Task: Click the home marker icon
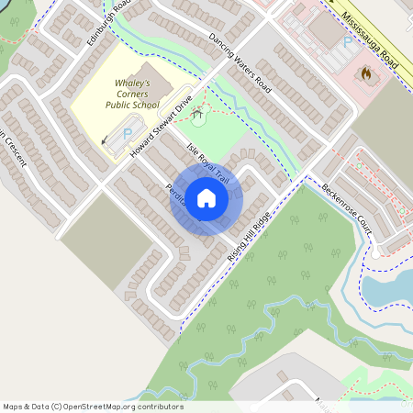click(x=206, y=198)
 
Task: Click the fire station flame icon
click(x=366, y=72)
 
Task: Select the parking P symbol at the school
click(x=126, y=134)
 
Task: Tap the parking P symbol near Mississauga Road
click(x=346, y=42)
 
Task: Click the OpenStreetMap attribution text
click(x=92, y=406)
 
